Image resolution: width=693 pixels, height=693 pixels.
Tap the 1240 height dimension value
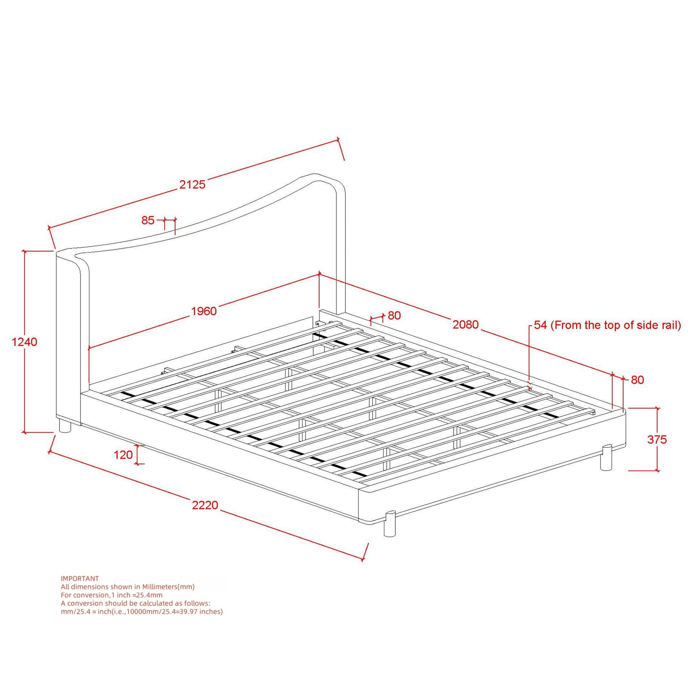coord(24,342)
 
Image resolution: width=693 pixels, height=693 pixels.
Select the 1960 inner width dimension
coord(204,311)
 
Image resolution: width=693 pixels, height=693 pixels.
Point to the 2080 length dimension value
coord(465,325)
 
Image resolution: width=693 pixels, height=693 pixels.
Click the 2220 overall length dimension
coord(205,505)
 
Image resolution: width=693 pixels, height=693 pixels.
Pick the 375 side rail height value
coord(657,439)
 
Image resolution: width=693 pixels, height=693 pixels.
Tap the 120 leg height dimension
coord(123,455)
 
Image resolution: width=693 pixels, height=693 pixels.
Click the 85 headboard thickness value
coord(148,220)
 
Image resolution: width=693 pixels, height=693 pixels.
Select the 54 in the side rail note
coord(540,325)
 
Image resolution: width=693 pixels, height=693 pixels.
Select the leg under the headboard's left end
coord(65,427)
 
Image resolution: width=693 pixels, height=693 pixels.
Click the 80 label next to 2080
coord(394,316)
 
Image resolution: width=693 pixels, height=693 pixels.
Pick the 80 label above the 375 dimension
coord(637,380)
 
